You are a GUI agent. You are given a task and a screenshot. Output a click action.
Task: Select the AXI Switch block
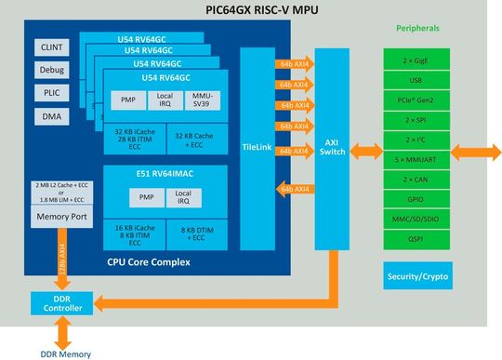(331, 148)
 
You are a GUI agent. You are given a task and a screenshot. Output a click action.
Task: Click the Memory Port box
(59, 218)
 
